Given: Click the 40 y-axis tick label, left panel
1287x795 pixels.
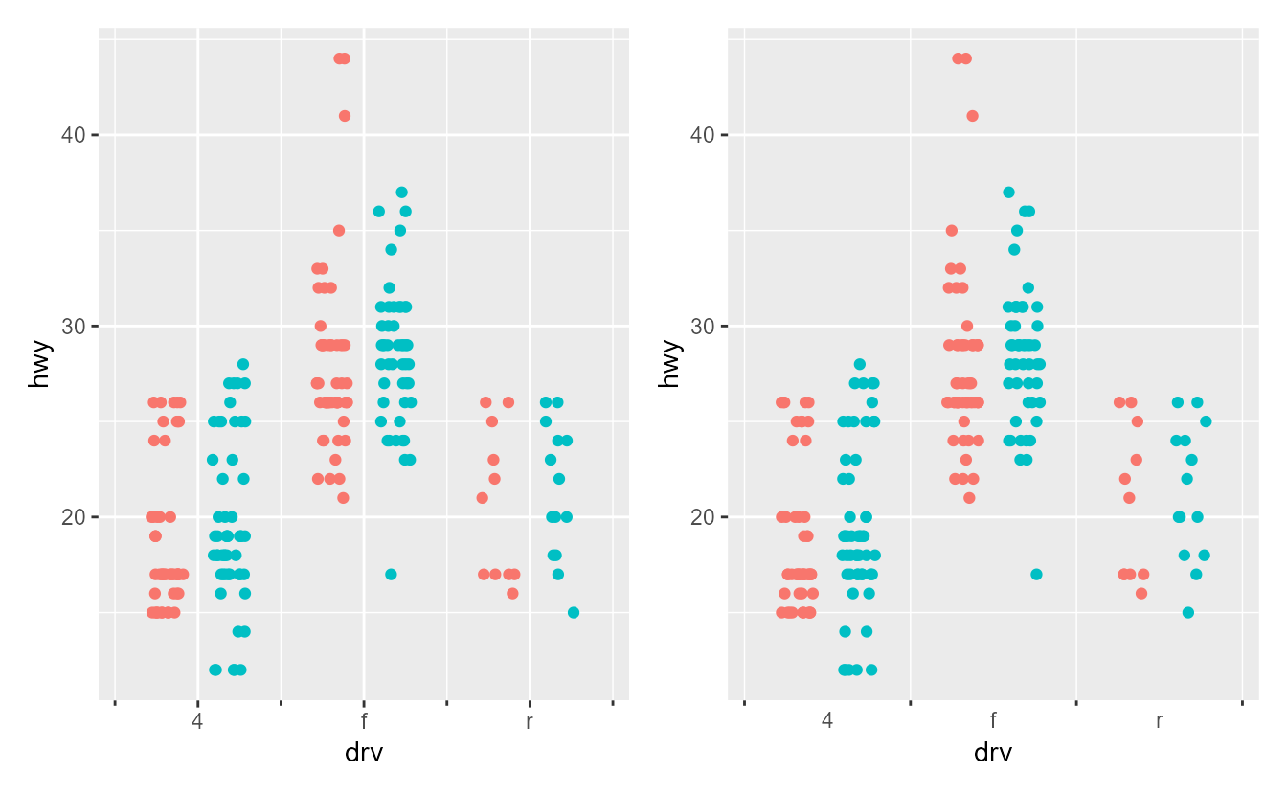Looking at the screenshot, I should [74, 135].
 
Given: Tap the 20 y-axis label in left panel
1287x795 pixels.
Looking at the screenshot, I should [74, 517].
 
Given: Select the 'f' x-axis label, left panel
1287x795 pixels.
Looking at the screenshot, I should [364, 721].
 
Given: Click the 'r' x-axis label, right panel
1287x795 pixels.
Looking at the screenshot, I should [1159, 721].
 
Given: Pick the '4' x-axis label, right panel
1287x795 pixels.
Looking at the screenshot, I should [827, 721].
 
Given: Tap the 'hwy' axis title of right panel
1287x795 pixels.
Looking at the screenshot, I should [669, 365].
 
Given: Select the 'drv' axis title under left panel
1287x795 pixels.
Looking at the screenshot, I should [364, 753].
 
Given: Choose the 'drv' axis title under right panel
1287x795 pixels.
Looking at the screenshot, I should [993, 753].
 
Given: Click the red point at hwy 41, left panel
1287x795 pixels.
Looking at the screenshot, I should [345, 116].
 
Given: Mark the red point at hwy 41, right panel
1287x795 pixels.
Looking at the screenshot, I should [972, 116].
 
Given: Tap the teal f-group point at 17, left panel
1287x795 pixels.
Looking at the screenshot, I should [391, 575].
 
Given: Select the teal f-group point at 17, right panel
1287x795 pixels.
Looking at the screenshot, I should [1036, 575].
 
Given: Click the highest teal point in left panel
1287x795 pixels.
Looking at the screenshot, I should [401, 193].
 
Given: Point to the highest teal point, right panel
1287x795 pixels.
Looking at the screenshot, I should [1008, 193].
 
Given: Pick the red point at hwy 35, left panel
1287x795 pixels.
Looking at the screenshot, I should [339, 231].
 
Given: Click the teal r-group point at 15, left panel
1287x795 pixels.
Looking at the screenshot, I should [573, 613].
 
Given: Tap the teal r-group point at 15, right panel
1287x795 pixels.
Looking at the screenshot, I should [1188, 613].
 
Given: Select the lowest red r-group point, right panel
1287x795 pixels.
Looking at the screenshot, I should [1141, 594].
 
